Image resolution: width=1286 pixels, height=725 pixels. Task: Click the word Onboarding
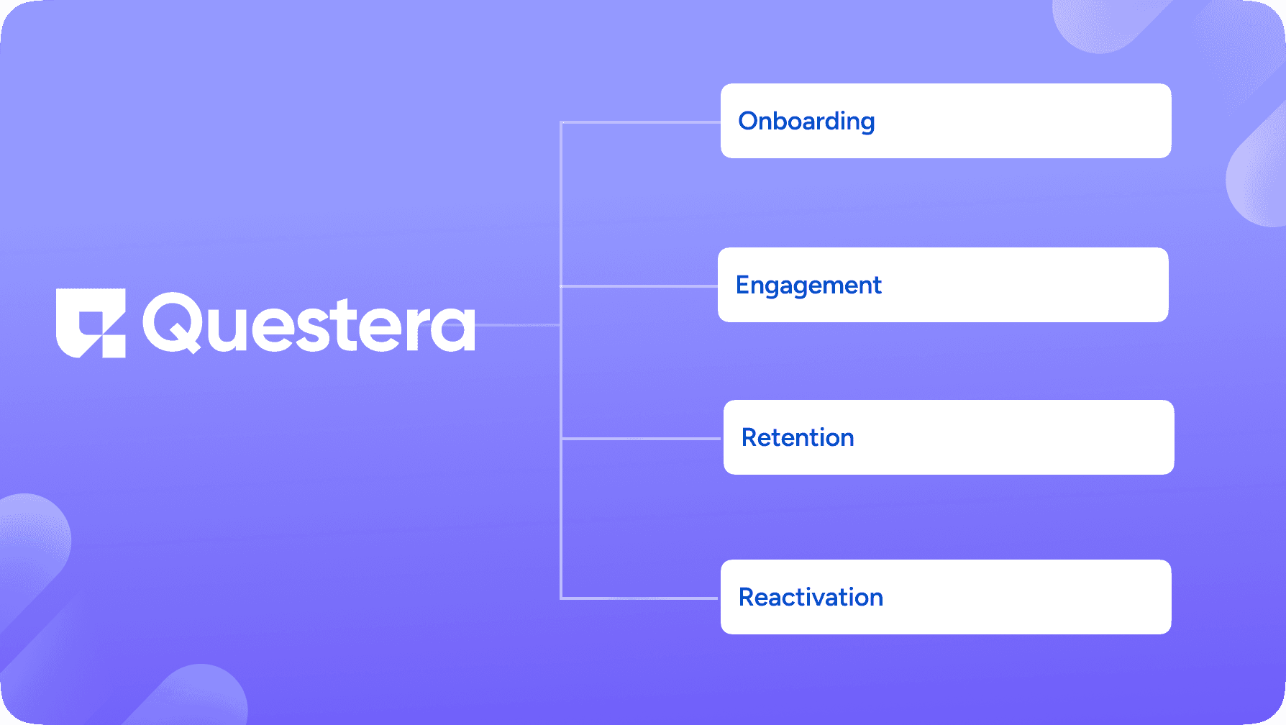pyautogui.click(x=806, y=122)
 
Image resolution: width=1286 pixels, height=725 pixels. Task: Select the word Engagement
pyautogui.click(x=808, y=286)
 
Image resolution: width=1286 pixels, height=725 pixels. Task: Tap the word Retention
pyautogui.click(x=798, y=438)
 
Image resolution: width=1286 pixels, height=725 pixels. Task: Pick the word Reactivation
pyautogui.click(x=811, y=598)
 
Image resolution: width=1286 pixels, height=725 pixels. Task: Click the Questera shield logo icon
pyautogui.click(x=91, y=323)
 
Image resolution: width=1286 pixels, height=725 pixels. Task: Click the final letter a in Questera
pyautogui.click(x=455, y=329)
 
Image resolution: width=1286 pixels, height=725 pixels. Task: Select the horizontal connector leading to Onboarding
pyautogui.click(x=640, y=123)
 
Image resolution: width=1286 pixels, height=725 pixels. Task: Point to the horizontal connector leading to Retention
pyautogui.click(x=640, y=438)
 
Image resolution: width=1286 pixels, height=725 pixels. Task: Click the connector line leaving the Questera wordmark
pyautogui.click(x=518, y=325)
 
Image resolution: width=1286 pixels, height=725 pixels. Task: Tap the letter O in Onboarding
pyautogui.click(x=749, y=121)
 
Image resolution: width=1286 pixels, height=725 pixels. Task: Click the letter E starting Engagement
pyautogui.click(x=743, y=285)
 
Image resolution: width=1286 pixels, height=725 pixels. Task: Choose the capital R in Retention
pyautogui.click(x=750, y=437)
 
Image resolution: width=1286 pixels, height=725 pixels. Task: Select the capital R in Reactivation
pyautogui.click(x=747, y=597)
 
